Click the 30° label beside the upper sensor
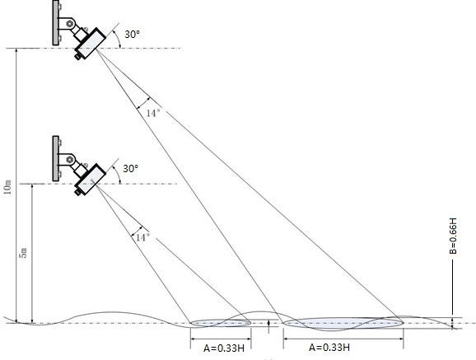[x=132, y=34]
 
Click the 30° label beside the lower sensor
[x=131, y=168]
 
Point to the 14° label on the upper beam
[x=153, y=113]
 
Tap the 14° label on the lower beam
[x=142, y=237]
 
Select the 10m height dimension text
[x=8, y=188]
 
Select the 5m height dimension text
[x=24, y=253]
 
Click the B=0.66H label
[x=453, y=236]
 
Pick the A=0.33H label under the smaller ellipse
[x=224, y=348]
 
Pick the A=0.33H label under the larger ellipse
[x=329, y=348]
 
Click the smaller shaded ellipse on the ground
[x=221, y=323]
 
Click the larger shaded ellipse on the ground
[x=343, y=323]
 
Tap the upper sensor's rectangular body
[x=91, y=43]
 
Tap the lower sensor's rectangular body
[x=91, y=179]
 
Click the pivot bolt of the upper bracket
[x=70, y=24]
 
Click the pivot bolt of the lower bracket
[x=70, y=160]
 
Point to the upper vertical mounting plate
[x=55, y=23]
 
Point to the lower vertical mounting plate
[x=55, y=159]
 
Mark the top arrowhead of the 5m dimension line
[x=32, y=186]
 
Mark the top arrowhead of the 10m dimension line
[x=16, y=50]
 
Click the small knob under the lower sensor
[x=78, y=192]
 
